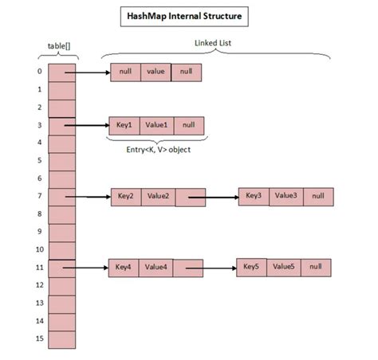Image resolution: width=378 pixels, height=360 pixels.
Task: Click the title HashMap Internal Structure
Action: click(x=189, y=15)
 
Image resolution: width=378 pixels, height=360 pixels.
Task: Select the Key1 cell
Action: click(x=124, y=125)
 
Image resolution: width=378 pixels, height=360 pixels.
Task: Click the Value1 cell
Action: click(x=156, y=125)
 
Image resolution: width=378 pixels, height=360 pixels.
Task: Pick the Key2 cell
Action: click(x=126, y=196)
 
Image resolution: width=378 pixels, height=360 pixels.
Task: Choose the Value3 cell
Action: click(x=285, y=196)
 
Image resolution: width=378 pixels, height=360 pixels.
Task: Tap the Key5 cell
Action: click(x=252, y=267)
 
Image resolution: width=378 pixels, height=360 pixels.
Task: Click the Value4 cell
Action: click(x=156, y=267)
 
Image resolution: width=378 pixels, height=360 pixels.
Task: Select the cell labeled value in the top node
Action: click(x=156, y=72)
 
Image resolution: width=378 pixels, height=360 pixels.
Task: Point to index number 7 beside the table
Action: click(x=38, y=196)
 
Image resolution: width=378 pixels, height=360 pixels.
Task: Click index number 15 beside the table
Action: click(x=38, y=338)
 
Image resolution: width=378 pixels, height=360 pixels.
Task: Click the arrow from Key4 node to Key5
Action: click(x=211, y=268)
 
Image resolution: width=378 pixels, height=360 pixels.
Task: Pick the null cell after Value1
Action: click(x=187, y=125)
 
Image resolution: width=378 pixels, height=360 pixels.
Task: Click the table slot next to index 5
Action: click(x=62, y=160)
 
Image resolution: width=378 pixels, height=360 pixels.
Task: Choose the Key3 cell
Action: click(x=254, y=196)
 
